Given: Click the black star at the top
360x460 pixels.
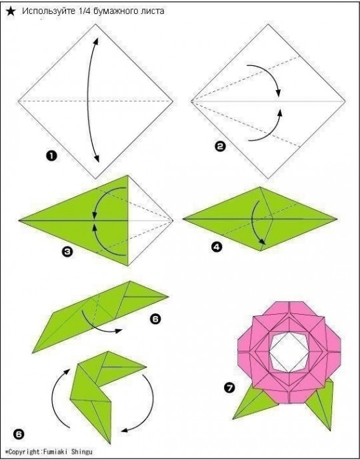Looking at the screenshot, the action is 11,11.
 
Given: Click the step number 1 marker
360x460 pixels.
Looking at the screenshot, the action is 51,156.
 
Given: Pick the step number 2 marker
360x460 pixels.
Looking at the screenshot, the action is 220,146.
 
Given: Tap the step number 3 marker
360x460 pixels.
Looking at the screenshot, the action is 67,252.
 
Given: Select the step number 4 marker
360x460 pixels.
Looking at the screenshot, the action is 216,247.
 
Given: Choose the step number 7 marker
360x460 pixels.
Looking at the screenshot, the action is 229,388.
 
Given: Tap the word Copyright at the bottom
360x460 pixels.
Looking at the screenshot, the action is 25,452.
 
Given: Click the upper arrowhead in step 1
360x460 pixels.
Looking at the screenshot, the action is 95,41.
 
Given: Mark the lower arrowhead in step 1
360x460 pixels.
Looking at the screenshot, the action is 97,158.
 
